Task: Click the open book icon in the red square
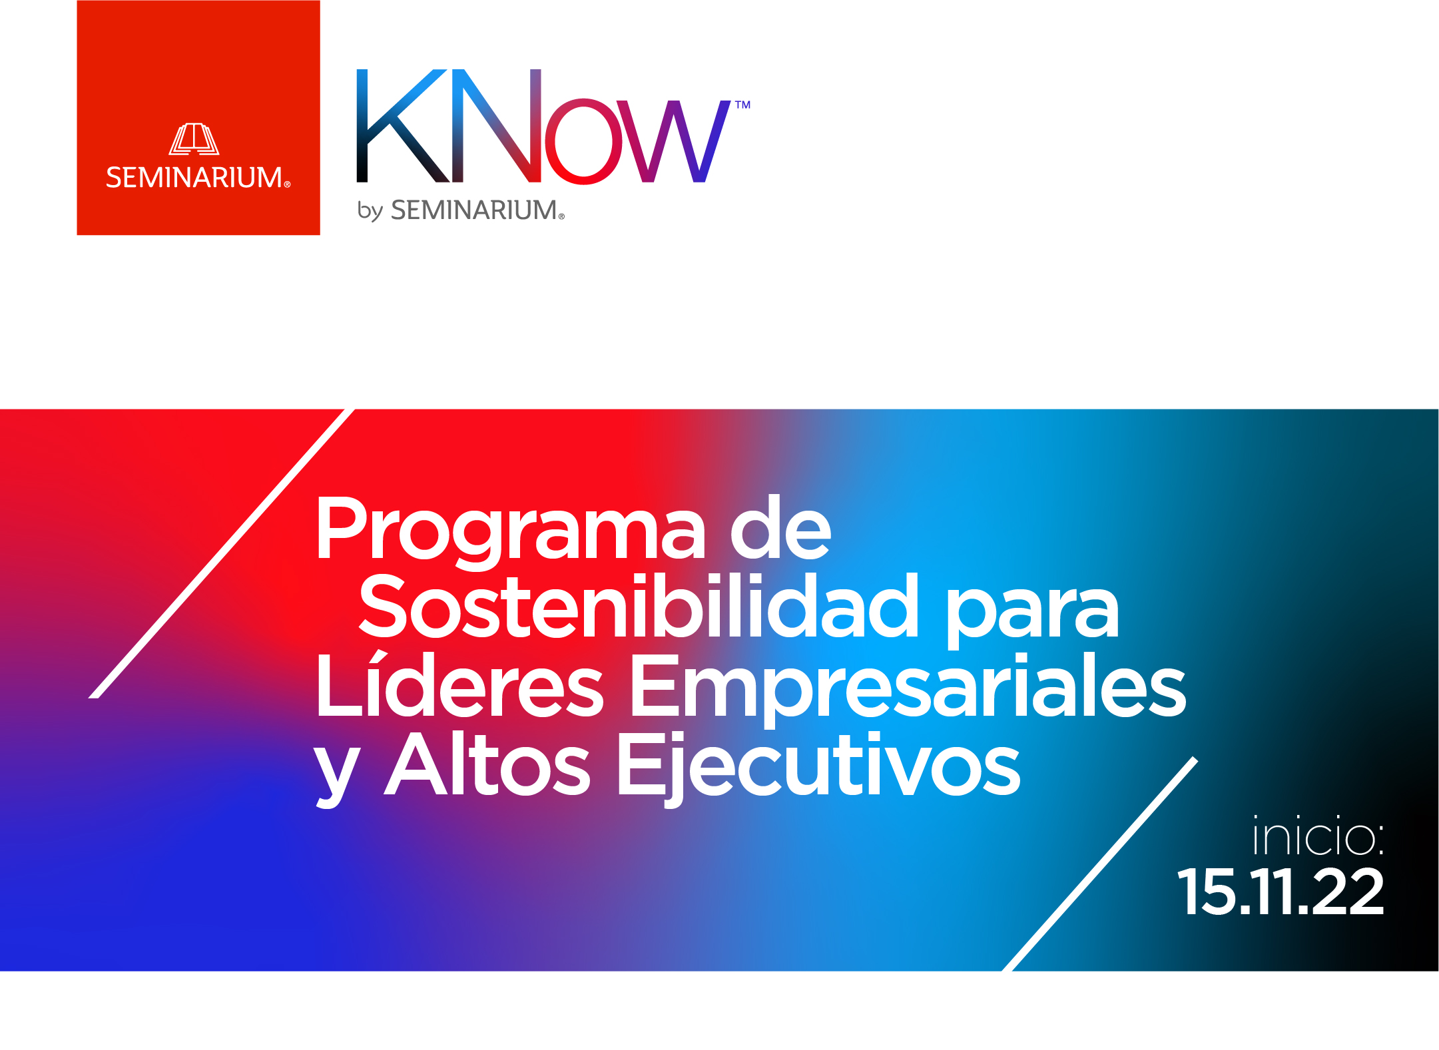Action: pyautogui.click(x=194, y=139)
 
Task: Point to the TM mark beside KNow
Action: pyautogui.click(x=742, y=105)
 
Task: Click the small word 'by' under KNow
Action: pyautogui.click(x=370, y=210)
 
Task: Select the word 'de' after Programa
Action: pyautogui.click(x=780, y=527)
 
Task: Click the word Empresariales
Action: pyautogui.click(x=907, y=689)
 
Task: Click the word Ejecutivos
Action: pyautogui.click(x=819, y=769)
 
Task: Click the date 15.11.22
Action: pyautogui.click(x=1281, y=892)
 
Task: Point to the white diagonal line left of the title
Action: pyautogui.click(x=222, y=554)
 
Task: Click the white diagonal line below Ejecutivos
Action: pyautogui.click(x=1099, y=864)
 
